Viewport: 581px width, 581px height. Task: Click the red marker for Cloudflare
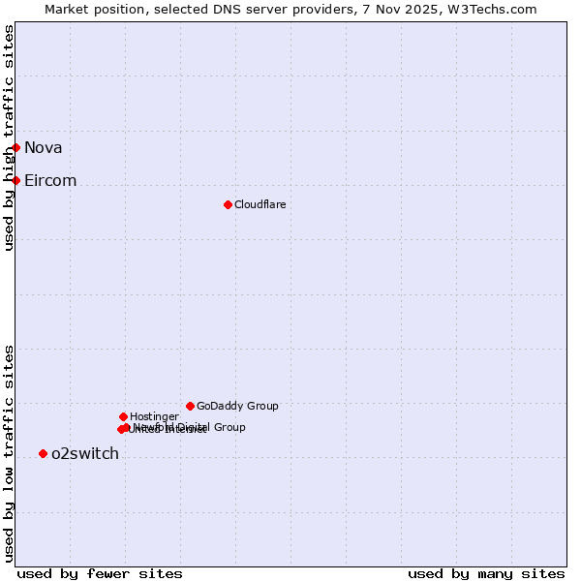[x=228, y=204]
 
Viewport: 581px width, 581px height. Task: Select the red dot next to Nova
[x=16, y=147]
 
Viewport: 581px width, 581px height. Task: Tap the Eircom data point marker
[x=16, y=180]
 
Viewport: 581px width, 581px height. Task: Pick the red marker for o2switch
[x=43, y=453]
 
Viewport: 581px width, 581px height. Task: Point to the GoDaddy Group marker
[x=190, y=406]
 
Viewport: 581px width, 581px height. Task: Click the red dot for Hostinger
[x=123, y=416]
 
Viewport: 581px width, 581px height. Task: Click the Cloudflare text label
[x=260, y=204]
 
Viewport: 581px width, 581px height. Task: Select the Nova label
[x=43, y=147]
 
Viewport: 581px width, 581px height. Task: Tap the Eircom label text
[x=50, y=180]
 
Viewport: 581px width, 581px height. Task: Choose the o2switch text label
[x=84, y=453]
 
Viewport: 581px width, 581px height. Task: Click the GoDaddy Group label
[x=237, y=406]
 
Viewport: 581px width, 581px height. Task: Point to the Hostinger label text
[x=154, y=416]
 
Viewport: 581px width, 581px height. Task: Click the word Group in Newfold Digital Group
[x=229, y=427]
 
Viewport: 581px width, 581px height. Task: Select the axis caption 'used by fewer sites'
[x=100, y=573]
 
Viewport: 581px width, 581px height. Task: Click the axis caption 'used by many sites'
[x=486, y=573]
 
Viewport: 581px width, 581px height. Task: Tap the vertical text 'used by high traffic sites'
[x=9, y=138]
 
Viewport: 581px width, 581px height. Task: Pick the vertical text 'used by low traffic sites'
[x=9, y=453]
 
